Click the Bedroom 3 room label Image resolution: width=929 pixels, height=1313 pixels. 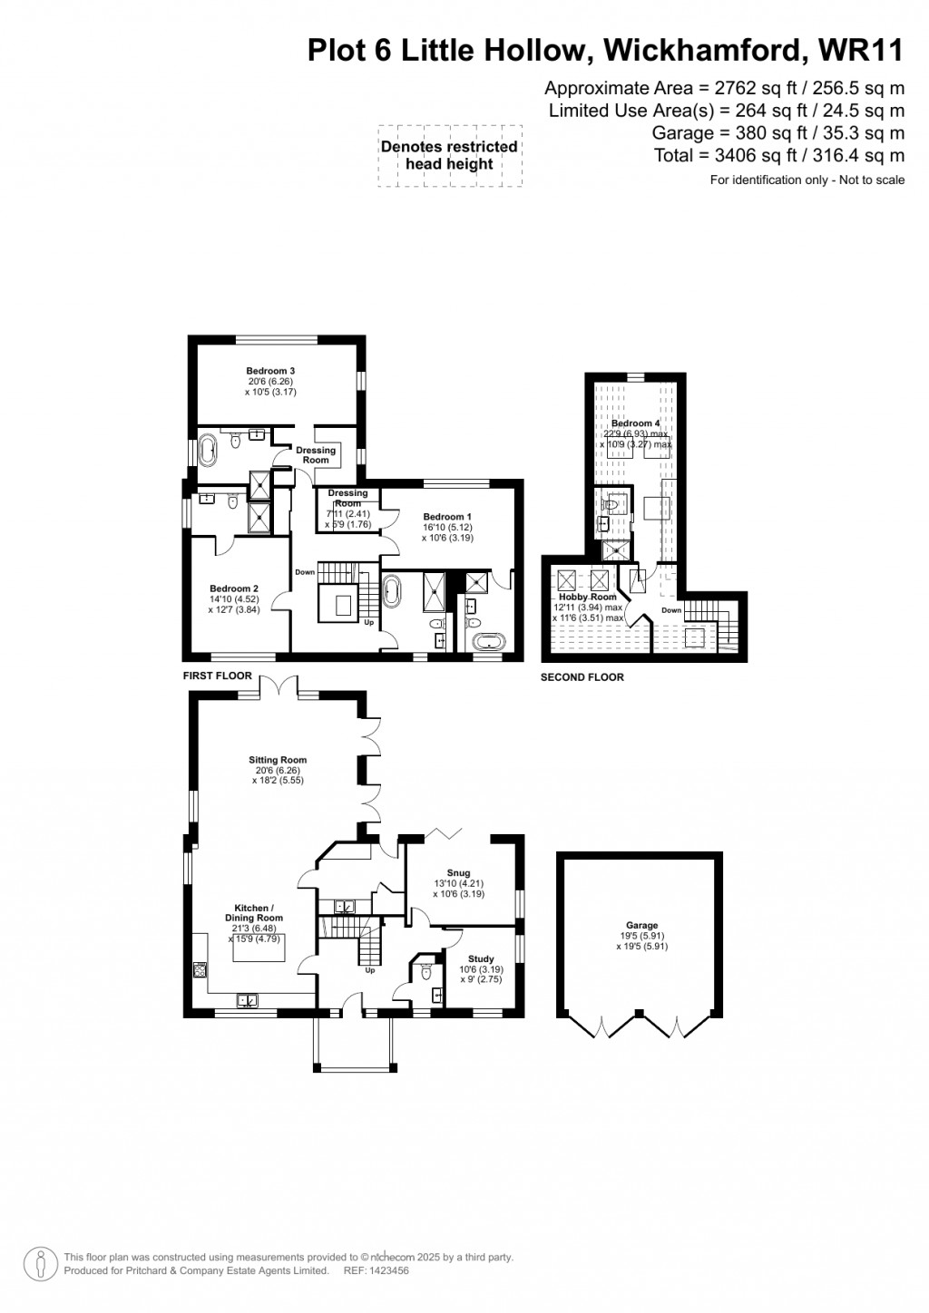[x=270, y=371]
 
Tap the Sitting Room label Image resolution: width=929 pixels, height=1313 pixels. [x=278, y=760]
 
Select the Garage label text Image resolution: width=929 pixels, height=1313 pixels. [x=641, y=926]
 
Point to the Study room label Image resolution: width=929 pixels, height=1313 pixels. [x=481, y=958]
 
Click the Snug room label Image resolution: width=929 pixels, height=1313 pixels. [x=458, y=873]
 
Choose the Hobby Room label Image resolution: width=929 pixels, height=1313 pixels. [x=594, y=597]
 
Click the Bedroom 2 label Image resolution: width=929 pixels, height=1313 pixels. [x=234, y=588]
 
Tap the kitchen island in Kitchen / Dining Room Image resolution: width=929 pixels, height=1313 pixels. [x=259, y=949]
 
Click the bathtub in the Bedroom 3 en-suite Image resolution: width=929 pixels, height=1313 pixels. [x=209, y=449]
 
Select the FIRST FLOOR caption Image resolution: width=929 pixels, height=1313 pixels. [x=217, y=676]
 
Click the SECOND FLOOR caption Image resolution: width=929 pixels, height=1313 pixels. [x=582, y=677]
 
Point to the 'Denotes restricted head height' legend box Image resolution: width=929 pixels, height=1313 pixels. [x=449, y=155]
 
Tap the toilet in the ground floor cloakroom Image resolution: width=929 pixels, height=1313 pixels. [x=426, y=973]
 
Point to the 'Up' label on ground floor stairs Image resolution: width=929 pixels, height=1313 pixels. [x=370, y=969]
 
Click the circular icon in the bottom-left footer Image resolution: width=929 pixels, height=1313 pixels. [x=41, y=1264]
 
